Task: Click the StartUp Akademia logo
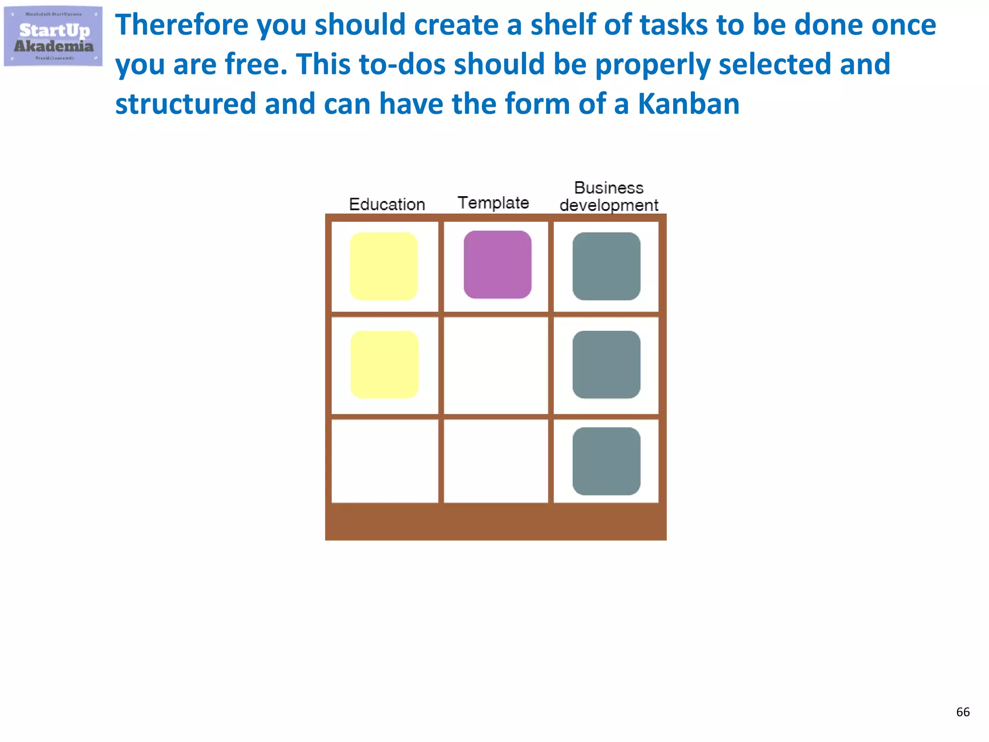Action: click(53, 36)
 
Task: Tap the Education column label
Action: click(387, 204)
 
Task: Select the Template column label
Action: click(493, 203)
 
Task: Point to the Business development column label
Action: click(608, 197)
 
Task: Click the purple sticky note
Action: click(497, 265)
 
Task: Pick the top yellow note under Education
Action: click(383, 266)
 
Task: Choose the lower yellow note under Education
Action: click(384, 365)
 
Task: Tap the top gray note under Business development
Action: click(607, 266)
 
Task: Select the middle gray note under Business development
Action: click(607, 365)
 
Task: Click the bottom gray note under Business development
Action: click(607, 461)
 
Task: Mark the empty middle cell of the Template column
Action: click(496, 365)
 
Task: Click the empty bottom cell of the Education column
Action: click(385, 461)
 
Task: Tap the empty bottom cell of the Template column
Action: click(496, 461)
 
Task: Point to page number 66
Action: click(962, 712)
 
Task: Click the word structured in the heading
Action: click(185, 104)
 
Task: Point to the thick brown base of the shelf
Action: click(496, 522)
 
